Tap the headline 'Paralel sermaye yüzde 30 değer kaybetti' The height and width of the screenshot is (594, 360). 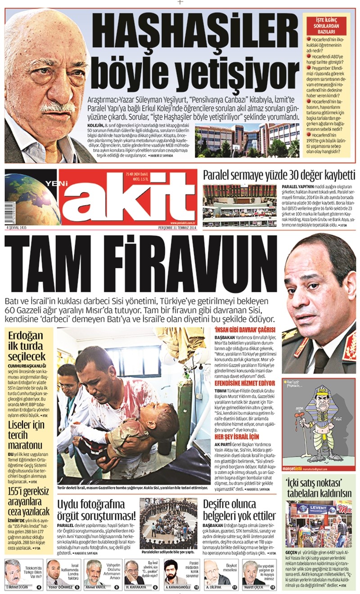(279, 175)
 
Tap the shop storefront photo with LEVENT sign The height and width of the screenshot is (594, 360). (319, 524)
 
